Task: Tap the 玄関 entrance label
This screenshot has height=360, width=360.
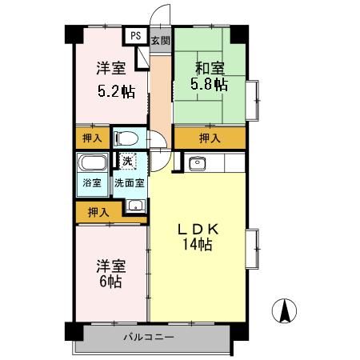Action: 160,40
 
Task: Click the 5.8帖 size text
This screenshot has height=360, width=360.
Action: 207,83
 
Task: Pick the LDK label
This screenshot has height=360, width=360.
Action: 198,229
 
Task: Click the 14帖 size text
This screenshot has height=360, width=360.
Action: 198,245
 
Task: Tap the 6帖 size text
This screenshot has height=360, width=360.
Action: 110,282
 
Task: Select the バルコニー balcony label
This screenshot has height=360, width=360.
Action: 148,337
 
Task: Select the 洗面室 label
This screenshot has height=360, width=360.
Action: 129,182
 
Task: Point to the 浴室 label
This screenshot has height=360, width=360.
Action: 91,183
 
